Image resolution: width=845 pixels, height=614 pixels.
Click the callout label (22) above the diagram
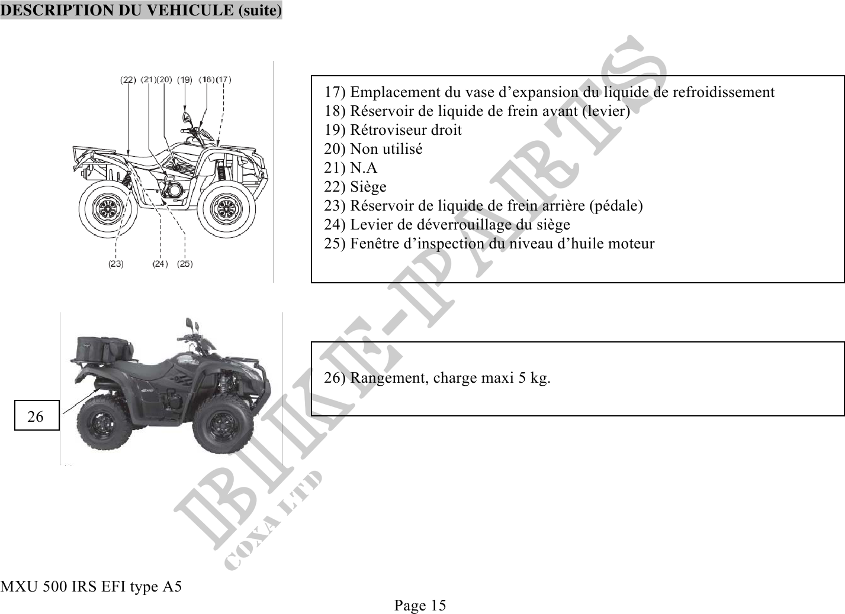coord(128,80)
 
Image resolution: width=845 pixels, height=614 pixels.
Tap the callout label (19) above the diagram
coord(185,80)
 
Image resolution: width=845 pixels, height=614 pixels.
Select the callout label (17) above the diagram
coord(224,79)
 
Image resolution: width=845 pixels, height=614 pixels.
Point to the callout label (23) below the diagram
coord(116,264)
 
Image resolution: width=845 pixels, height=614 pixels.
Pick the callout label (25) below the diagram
coord(185,264)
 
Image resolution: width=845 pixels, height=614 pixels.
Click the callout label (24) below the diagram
coord(160,264)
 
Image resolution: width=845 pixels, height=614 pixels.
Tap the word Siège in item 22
coord(368,187)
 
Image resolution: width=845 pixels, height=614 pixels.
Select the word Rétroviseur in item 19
coord(388,130)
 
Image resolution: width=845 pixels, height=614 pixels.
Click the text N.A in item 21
coord(364,168)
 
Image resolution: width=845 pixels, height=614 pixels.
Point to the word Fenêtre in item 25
coord(374,244)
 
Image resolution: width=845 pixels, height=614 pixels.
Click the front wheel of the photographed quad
coord(222,424)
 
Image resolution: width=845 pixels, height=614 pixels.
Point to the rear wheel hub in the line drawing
coord(108,209)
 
